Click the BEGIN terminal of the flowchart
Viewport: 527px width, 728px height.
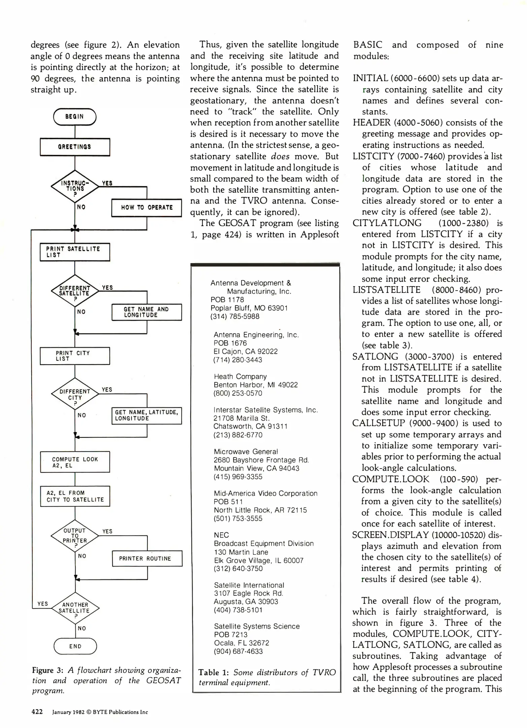(75, 117)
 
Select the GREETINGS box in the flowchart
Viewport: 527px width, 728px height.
(75, 147)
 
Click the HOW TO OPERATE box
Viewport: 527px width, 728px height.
(146, 208)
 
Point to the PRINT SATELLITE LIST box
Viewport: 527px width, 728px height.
(75, 252)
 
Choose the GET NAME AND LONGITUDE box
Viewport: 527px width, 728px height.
(146, 312)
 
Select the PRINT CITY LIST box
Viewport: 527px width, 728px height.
(75, 356)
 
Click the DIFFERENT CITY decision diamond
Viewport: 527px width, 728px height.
(75, 394)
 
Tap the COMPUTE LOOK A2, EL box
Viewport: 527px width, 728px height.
(75, 462)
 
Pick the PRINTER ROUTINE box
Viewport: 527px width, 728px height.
(147, 558)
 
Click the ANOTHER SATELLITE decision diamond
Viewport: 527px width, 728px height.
(75, 608)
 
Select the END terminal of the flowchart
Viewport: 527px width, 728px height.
(75, 646)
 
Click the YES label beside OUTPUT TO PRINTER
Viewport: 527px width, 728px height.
(107, 532)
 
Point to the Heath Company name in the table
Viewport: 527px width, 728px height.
(240, 376)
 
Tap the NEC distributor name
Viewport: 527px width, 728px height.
(221, 535)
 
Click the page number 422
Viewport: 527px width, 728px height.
(37, 712)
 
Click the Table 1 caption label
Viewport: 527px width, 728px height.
(213, 672)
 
